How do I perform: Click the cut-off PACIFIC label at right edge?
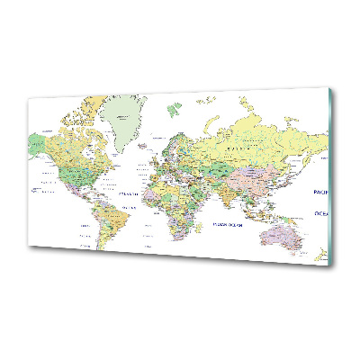click(320, 192)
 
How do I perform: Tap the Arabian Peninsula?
click(203, 192)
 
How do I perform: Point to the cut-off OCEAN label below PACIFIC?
click(321, 212)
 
